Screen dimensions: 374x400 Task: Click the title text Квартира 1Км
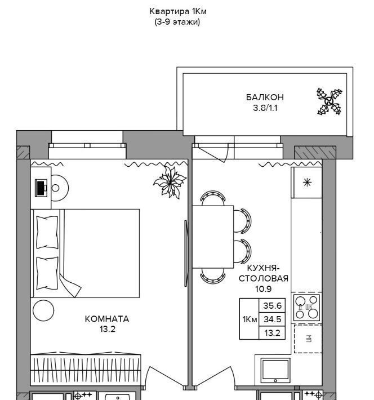click(x=178, y=11)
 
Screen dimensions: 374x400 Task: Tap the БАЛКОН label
click(x=265, y=97)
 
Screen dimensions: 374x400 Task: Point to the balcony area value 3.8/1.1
click(x=265, y=108)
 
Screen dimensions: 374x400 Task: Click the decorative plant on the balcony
click(x=330, y=101)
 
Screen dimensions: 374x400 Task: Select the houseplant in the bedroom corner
click(x=170, y=182)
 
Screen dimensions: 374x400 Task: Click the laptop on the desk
click(x=41, y=188)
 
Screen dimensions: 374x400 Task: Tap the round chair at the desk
click(x=60, y=188)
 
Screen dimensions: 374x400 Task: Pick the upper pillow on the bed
click(x=47, y=232)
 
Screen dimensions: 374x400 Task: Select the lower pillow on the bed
click(x=47, y=273)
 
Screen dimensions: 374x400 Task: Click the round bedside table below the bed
click(x=43, y=310)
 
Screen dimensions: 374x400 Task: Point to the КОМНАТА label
click(x=107, y=319)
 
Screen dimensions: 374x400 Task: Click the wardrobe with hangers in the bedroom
click(x=86, y=370)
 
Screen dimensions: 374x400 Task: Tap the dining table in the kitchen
click(x=213, y=237)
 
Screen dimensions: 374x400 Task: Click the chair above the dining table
click(x=213, y=198)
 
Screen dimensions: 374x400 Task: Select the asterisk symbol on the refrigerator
click(x=307, y=183)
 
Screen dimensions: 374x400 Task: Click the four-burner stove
click(x=306, y=308)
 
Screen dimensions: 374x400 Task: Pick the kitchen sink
click(x=275, y=370)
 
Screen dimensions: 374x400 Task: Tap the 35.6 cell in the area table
click(x=272, y=305)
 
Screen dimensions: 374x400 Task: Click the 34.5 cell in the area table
click(x=272, y=319)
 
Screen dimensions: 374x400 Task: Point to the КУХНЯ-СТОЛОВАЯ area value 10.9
click(x=263, y=289)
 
